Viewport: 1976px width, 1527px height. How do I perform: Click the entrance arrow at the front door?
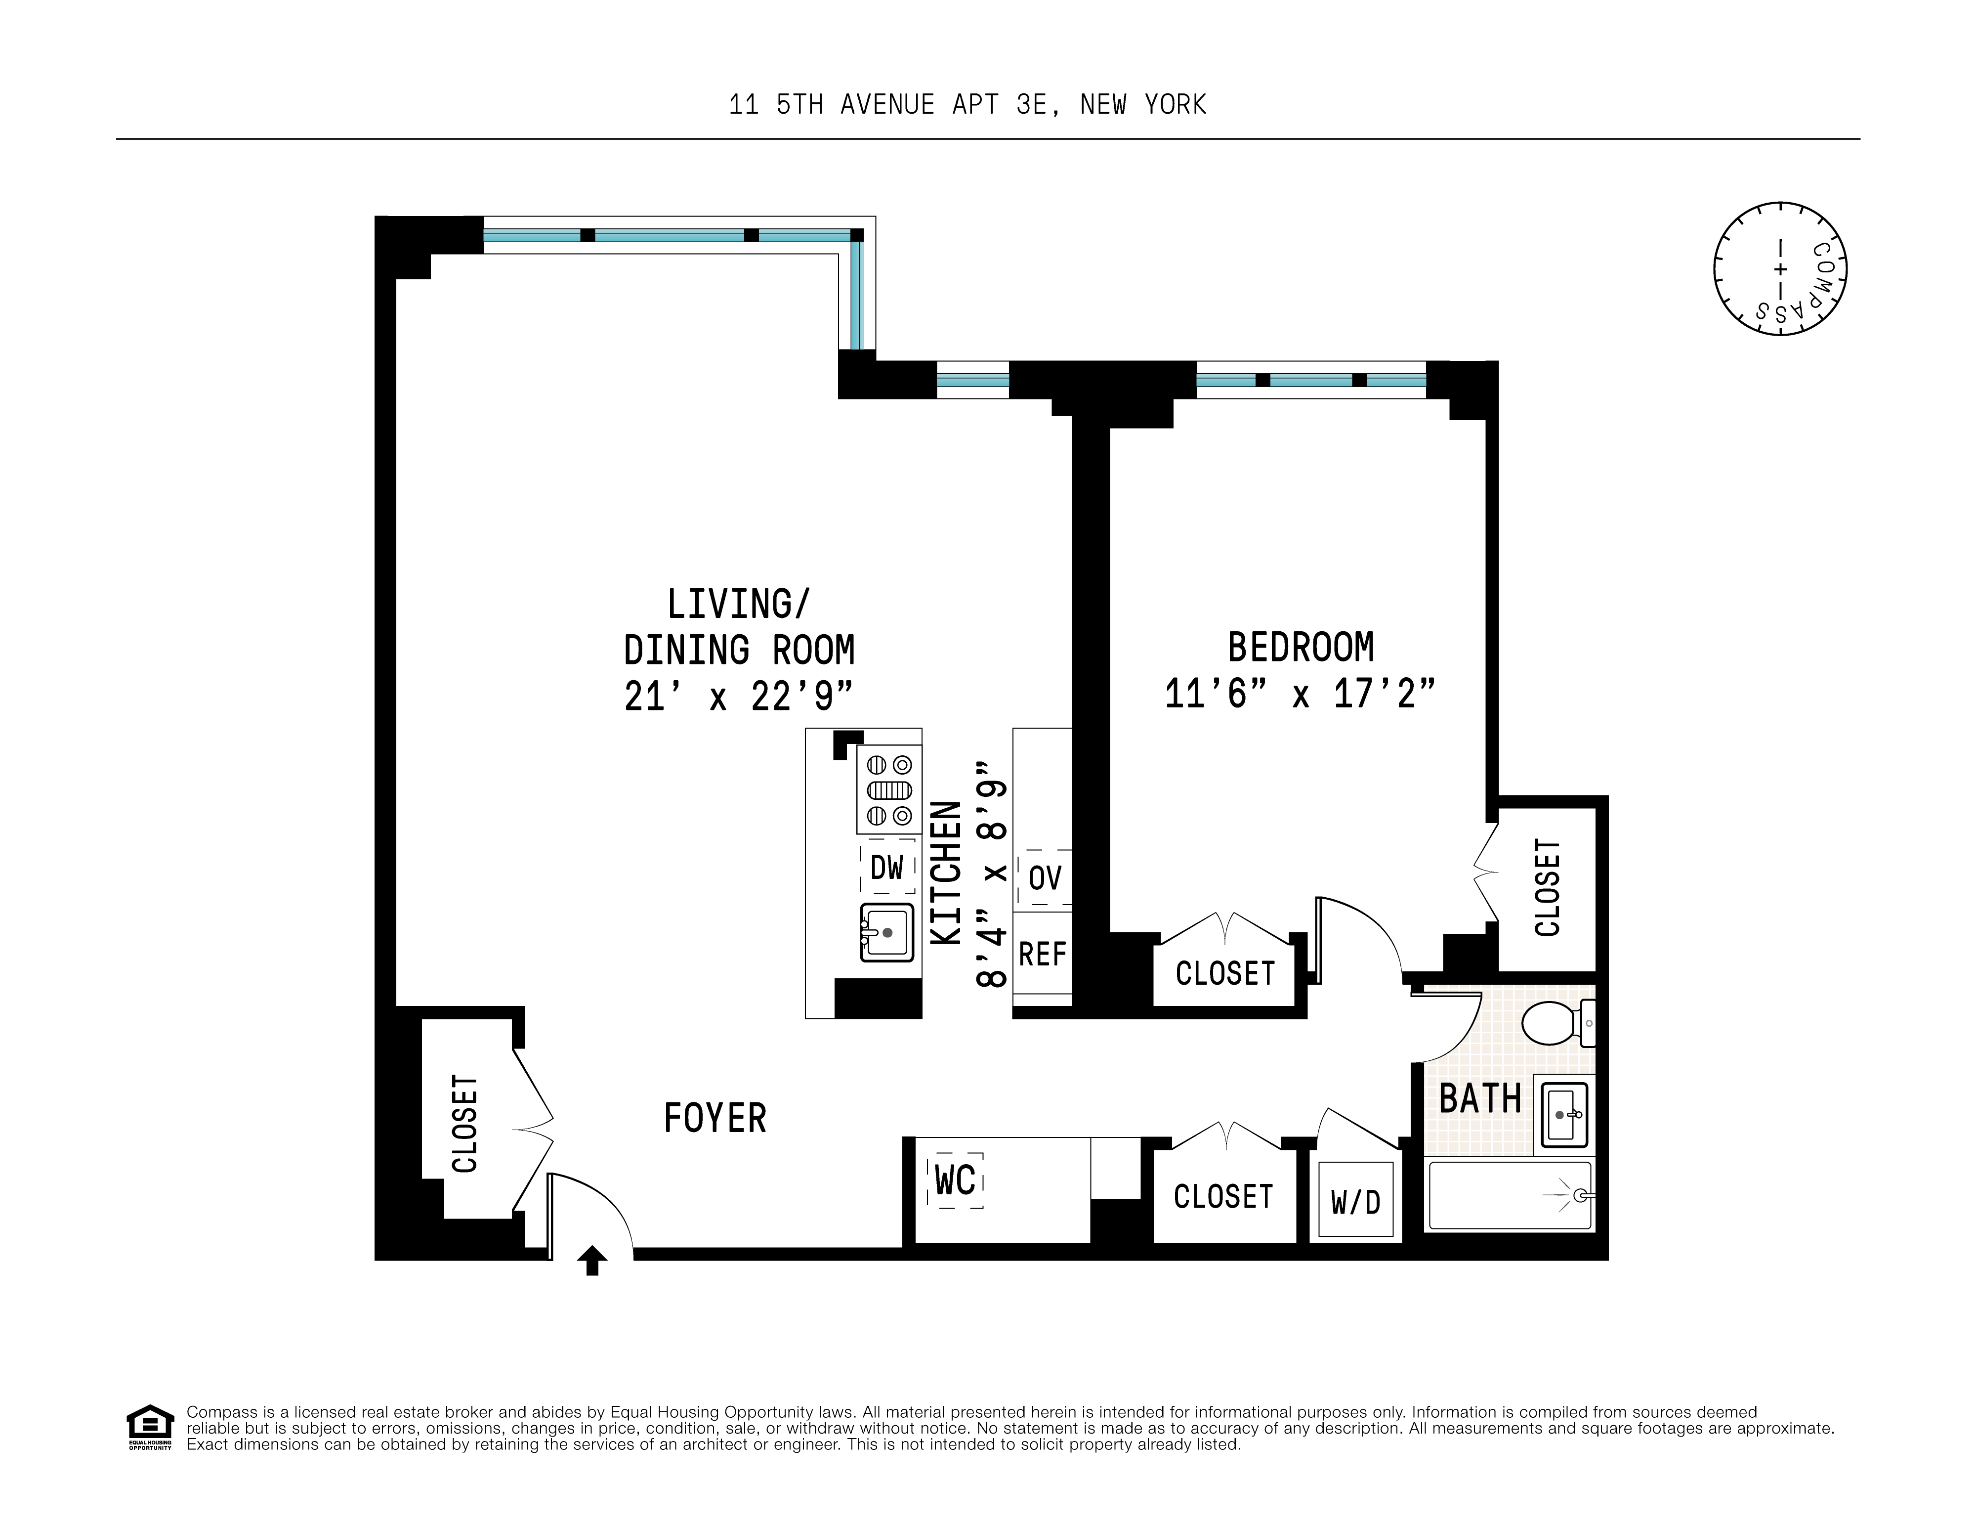[x=592, y=1260]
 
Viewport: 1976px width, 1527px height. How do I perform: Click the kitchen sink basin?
[x=886, y=932]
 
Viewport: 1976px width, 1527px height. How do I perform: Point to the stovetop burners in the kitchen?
[x=888, y=789]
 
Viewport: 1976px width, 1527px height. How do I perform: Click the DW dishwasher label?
[x=886, y=868]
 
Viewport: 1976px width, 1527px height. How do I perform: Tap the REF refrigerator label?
[x=1042, y=954]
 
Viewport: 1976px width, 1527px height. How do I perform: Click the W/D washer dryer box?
[x=1355, y=1202]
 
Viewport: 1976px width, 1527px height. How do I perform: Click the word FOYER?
[x=715, y=1119]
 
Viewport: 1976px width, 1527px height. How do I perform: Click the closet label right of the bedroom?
[x=1547, y=887]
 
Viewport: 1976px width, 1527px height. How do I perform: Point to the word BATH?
[x=1479, y=1099]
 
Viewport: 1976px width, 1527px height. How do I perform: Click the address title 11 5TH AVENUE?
[x=967, y=105]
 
